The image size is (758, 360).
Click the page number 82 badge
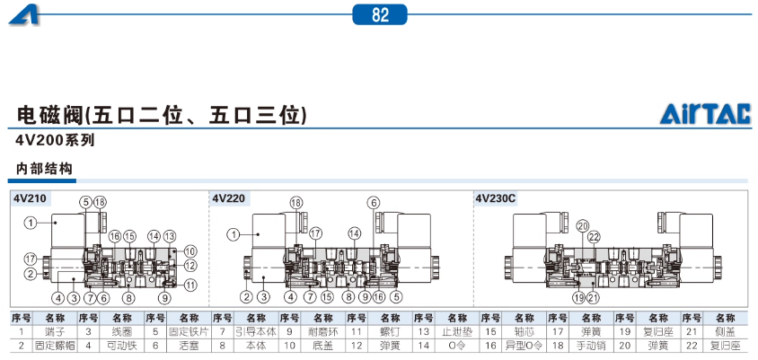(x=380, y=13)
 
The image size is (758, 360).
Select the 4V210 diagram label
(x=31, y=198)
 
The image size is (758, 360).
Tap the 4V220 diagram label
(x=229, y=198)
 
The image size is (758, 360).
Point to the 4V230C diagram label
(x=496, y=198)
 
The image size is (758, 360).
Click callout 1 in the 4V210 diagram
(x=30, y=222)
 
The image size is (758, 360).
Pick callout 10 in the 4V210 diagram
(x=190, y=250)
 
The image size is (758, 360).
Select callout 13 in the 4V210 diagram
(x=169, y=235)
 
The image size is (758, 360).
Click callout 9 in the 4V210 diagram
(x=167, y=297)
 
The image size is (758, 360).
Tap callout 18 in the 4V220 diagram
(x=295, y=202)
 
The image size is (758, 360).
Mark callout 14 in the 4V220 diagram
(x=354, y=233)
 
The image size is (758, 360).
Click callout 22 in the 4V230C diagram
(x=594, y=237)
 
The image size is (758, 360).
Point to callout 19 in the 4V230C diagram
(x=579, y=297)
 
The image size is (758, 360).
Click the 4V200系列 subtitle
(x=55, y=140)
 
